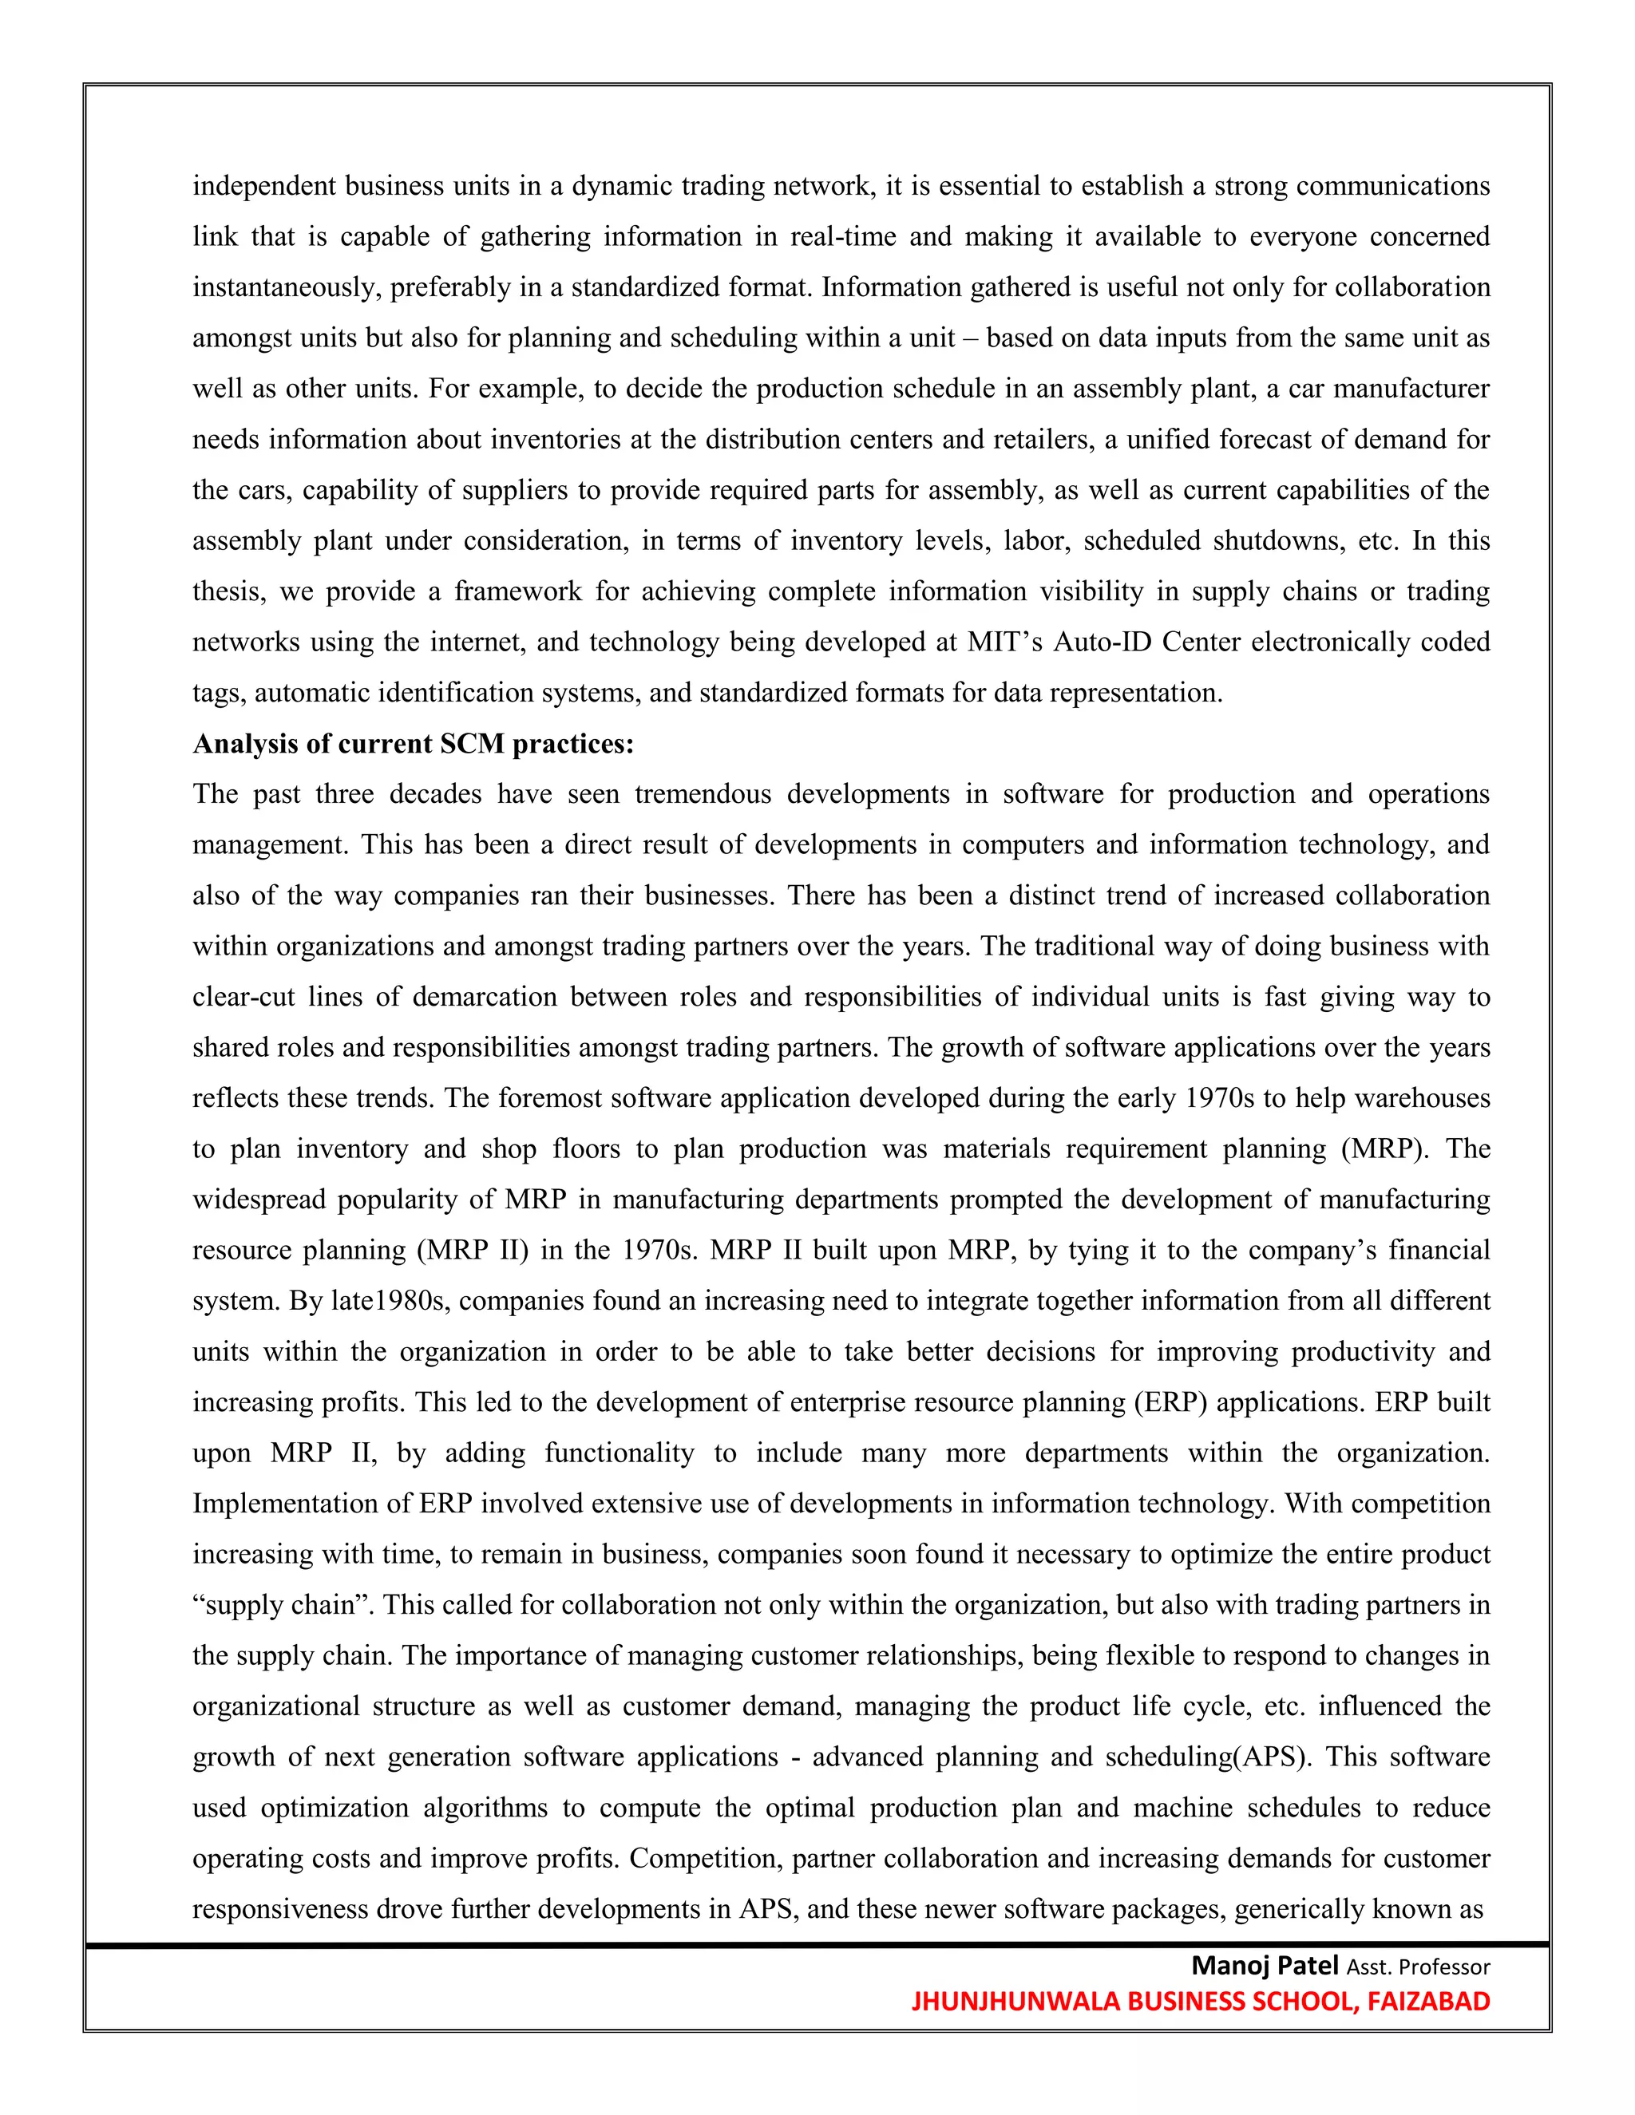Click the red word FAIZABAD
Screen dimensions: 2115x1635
pos(1429,2002)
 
